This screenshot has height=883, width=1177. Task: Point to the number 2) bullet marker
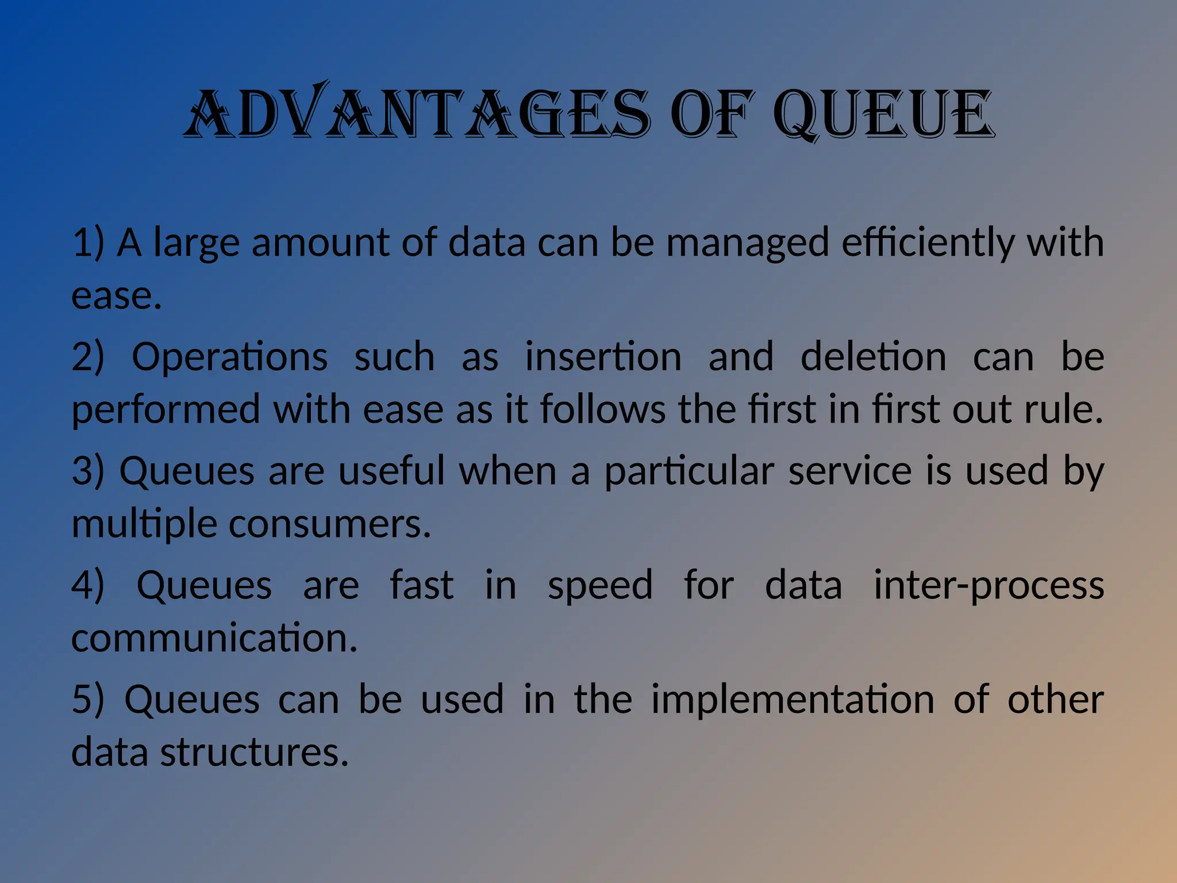[x=87, y=357]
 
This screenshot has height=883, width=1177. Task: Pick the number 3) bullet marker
[x=87, y=471]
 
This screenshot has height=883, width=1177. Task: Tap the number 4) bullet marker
[x=87, y=585]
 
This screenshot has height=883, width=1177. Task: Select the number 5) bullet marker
[x=87, y=700]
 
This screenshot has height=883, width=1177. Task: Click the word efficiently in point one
[x=928, y=243]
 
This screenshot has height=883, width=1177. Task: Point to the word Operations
[x=229, y=357]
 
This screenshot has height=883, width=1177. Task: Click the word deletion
[x=873, y=357]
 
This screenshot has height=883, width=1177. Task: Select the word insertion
[x=603, y=357]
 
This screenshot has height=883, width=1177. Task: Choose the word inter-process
[x=988, y=585]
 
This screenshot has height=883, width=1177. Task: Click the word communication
[x=214, y=638]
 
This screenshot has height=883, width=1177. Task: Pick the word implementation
[x=793, y=700]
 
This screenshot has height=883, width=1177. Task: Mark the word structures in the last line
[x=254, y=753]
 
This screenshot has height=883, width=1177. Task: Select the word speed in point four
[x=600, y=585]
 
